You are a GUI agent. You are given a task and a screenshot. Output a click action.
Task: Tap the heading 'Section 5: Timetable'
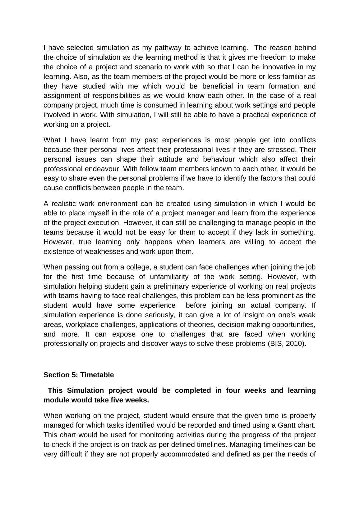click(x=79, y=375)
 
